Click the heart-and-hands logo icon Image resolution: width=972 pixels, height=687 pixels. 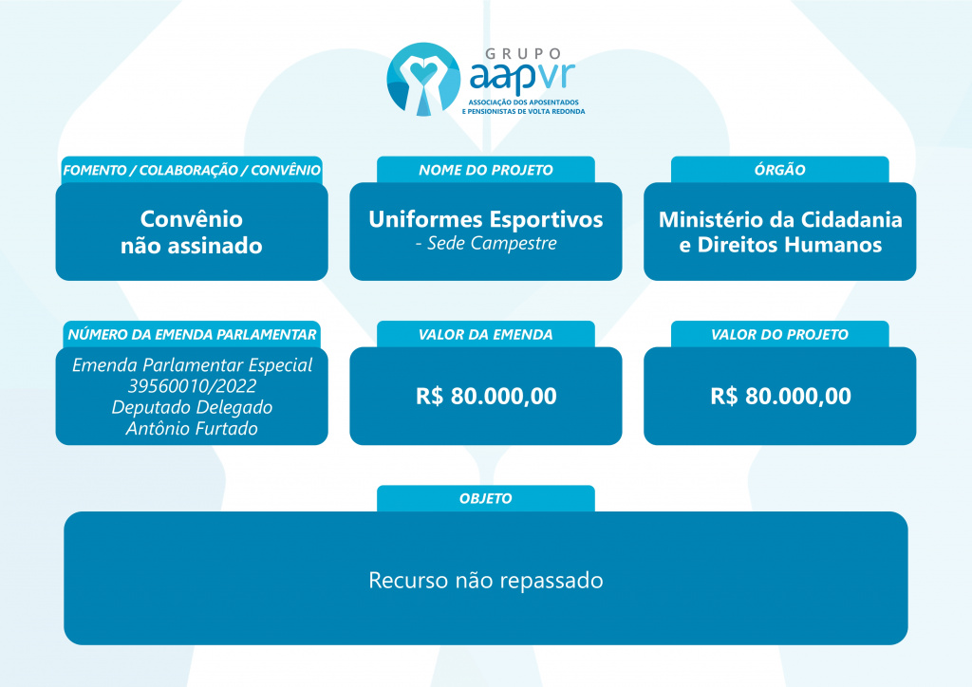423,79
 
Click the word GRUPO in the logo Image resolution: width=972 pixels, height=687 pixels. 523,54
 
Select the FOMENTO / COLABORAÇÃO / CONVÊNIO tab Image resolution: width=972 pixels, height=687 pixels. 192,170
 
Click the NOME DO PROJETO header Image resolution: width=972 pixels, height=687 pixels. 486,170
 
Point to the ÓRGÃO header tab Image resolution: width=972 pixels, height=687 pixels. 780,170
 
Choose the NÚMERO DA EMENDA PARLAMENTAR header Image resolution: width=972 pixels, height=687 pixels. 192,335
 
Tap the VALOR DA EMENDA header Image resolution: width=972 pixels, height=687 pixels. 486,335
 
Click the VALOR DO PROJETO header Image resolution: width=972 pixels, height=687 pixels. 780,335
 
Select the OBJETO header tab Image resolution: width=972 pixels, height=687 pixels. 486,499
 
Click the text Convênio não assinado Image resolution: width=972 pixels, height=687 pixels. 192,232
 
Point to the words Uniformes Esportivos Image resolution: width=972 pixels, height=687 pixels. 486,219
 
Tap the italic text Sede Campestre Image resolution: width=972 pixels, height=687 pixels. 493,244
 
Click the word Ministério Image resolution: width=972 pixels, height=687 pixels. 711,219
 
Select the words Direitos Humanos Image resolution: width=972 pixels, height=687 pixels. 790,245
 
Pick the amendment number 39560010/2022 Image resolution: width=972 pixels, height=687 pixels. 192,386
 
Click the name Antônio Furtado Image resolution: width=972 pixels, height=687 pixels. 192,428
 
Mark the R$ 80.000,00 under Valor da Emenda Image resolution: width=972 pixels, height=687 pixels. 486,396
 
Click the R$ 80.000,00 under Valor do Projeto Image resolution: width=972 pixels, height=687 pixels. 780,396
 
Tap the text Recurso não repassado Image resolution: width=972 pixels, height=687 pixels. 486,581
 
